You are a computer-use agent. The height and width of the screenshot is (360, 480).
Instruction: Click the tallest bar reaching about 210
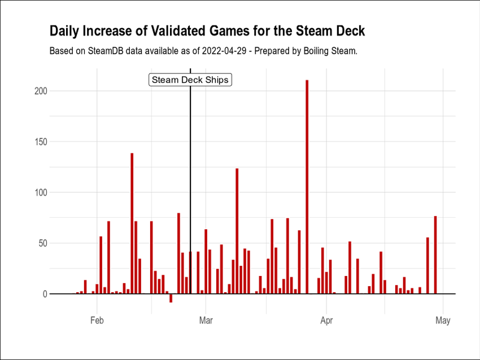tap(307, 186)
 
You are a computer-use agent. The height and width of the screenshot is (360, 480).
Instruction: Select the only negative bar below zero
tap(171, 298)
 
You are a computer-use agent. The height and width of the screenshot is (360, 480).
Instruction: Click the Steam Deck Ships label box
tap(190, 80)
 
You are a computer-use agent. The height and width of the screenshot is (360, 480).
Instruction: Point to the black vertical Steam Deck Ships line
tap(190, 169)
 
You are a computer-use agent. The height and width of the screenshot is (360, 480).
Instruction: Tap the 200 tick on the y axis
tap(39, 91)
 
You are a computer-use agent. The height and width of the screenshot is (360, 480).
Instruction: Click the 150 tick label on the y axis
tap(39, 142)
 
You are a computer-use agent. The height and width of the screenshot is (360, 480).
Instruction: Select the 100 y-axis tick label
tap(39, 192)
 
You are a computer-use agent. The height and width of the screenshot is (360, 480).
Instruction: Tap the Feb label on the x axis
tap(97, 321)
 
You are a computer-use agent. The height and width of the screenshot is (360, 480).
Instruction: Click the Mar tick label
tap(206, 321)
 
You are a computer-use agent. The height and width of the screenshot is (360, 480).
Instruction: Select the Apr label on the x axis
tap(326, 321)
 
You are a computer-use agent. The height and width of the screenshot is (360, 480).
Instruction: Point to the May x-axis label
tap(443, 321)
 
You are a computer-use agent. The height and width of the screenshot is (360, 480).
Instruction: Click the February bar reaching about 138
tap(132, 223)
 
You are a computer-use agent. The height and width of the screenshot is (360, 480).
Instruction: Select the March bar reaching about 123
tap(237, 231)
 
